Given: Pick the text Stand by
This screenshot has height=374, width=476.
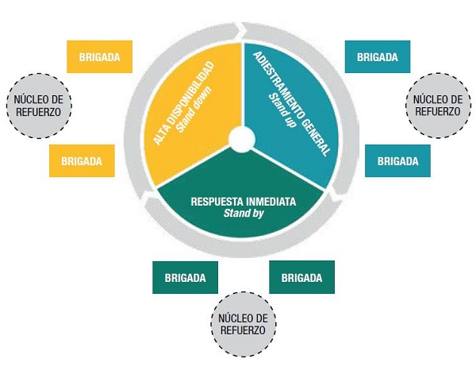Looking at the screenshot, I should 243,214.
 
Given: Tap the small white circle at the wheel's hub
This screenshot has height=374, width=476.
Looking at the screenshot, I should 241,140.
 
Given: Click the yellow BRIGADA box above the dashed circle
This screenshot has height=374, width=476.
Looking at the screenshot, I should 99,56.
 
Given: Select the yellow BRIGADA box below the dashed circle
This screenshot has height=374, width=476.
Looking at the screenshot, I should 82,160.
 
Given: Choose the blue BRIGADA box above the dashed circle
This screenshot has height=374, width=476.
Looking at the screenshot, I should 378,56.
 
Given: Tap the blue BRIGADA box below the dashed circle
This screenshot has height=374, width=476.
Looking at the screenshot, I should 397,160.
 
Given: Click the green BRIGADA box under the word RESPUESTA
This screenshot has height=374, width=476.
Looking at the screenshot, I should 185,277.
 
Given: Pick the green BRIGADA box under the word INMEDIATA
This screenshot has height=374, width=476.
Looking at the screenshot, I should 301,277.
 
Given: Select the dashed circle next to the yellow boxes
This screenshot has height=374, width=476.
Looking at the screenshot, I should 38,106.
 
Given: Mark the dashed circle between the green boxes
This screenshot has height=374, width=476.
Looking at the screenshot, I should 243,323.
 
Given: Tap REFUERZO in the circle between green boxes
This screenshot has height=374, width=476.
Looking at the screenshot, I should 243,330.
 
